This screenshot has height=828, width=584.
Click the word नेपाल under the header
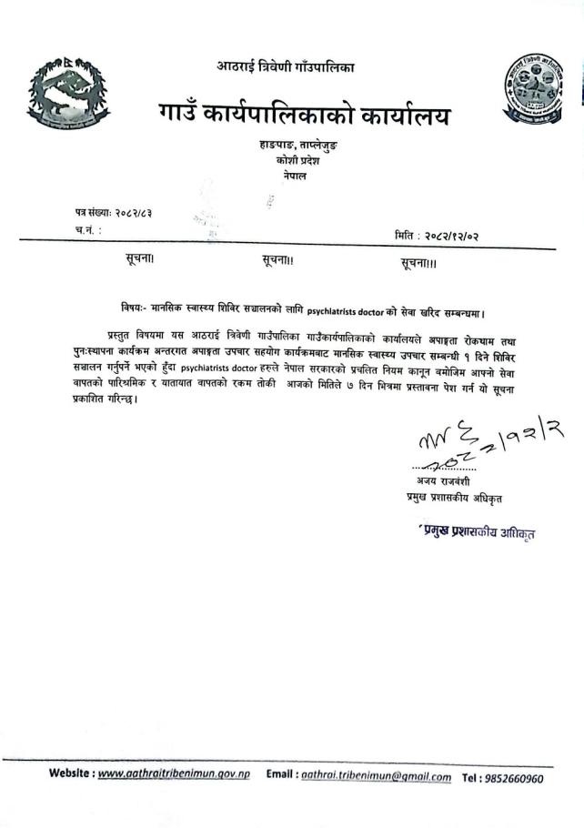291,175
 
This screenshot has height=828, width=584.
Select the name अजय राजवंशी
440,480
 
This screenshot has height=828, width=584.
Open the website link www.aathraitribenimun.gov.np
173,776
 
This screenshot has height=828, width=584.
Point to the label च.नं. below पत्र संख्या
88,231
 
